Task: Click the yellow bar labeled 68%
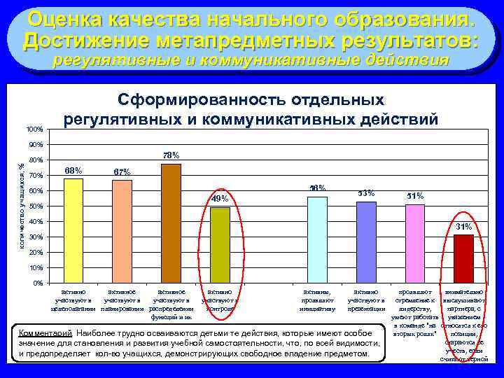coord(73,230)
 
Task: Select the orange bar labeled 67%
coord(122,231)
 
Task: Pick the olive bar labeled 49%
coord(220,245)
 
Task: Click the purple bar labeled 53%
coord(366,241)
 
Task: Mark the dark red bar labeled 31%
coord(463,258)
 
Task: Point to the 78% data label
coord(171,155)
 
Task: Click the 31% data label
coord(464,227)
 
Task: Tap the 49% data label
coord(220,199)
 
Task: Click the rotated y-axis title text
coord(21,203)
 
